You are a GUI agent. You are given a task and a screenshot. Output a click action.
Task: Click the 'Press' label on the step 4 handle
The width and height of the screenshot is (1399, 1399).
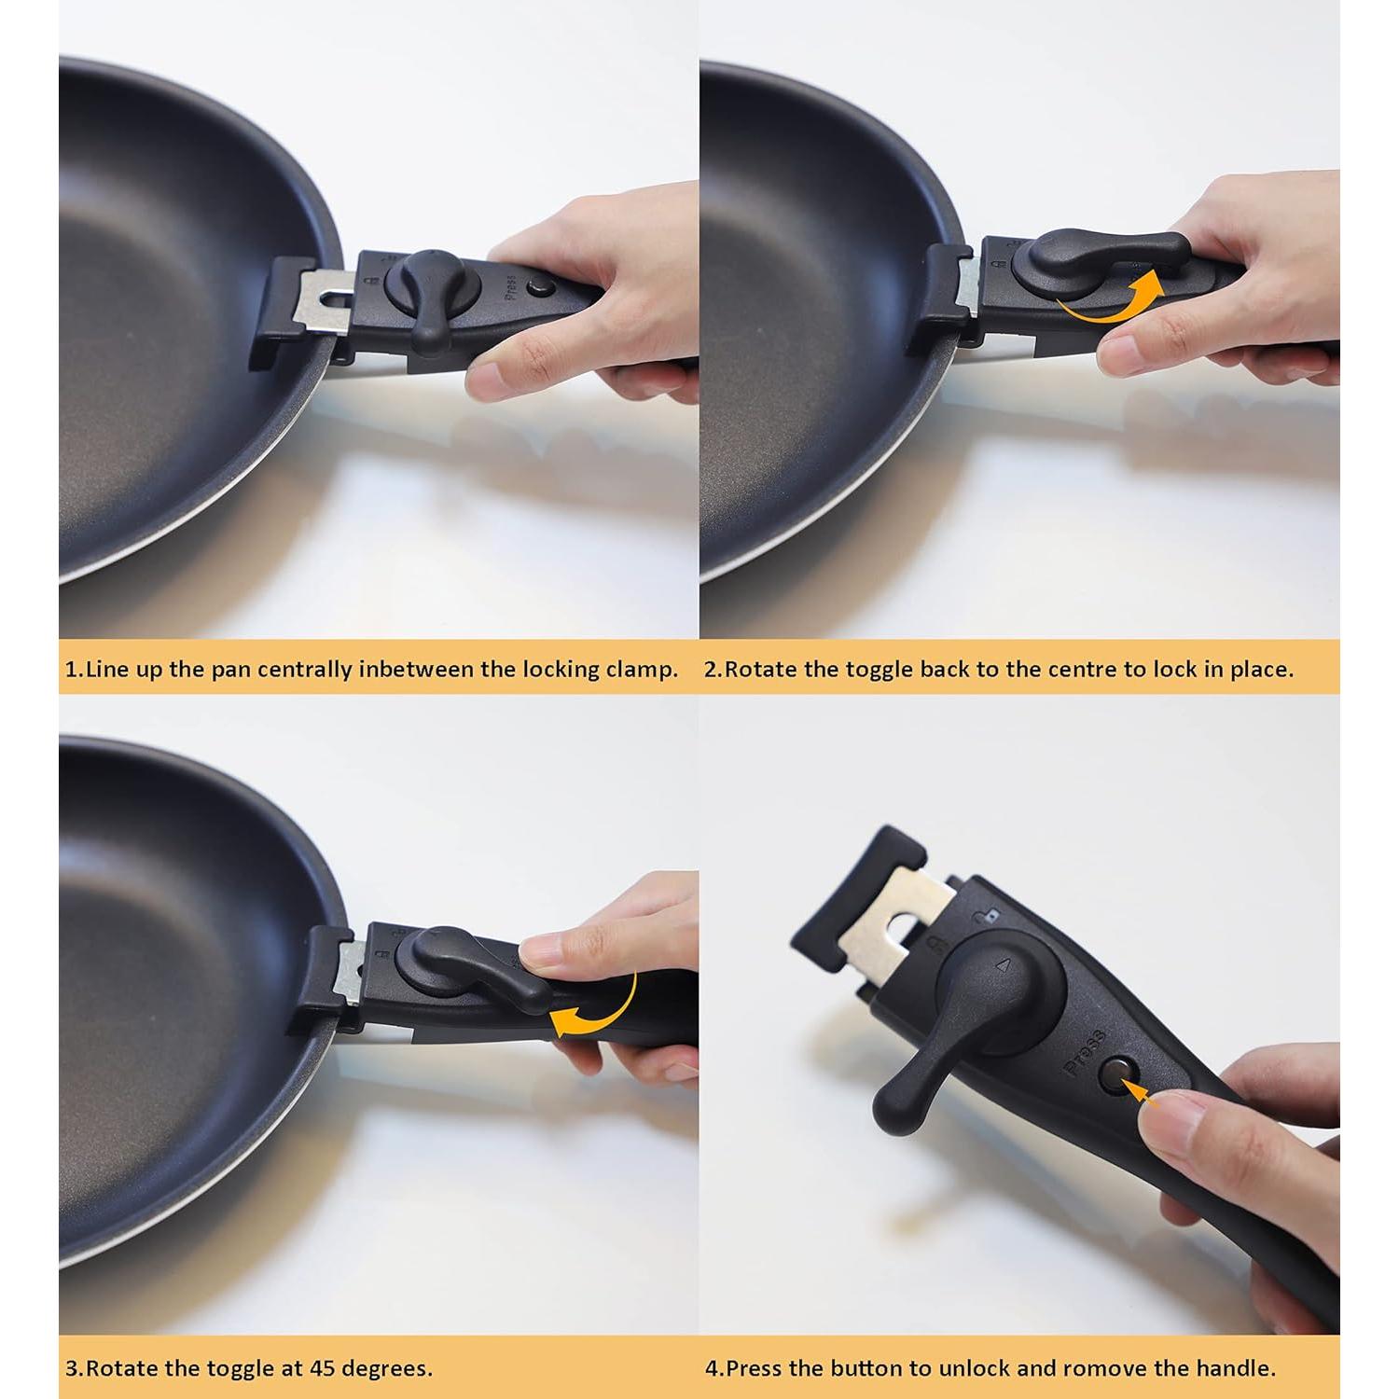point(1084,1053)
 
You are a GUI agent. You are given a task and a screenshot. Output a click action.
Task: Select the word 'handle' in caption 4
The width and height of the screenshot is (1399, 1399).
point(1241,1369)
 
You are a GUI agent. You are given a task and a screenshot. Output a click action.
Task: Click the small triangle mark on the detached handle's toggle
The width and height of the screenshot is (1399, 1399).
point(1003,967)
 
